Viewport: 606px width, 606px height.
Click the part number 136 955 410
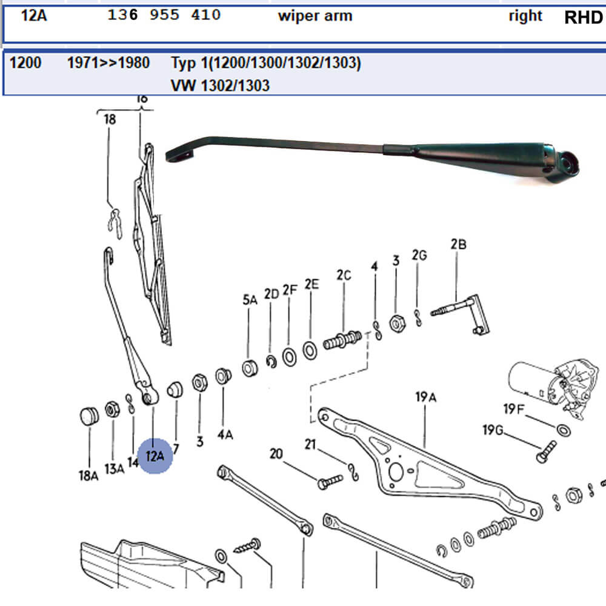click(164, 15)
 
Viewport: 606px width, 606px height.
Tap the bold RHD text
click(584, 17)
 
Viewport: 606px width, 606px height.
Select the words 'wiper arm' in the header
click(315, 16)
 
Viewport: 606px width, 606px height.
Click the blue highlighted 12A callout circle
click(155, 455)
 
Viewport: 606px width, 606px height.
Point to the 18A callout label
click(88, 476)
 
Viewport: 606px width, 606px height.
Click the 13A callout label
click(114, 468)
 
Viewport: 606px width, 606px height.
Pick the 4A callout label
click(225, 434)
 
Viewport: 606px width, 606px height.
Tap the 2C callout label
click(344, 275)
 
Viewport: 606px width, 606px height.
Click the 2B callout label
click(458, 245)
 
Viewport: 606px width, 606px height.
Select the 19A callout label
click(426, 397)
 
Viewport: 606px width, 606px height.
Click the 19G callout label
click(493, 430)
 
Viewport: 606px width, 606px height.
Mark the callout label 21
click(310, 445)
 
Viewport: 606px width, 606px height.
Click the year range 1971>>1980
click(108, 62)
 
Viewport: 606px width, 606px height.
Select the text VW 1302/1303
click(220, 85)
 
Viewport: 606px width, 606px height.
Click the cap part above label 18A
click(89, 417)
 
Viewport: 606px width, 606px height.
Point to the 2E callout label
click(311, 284)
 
